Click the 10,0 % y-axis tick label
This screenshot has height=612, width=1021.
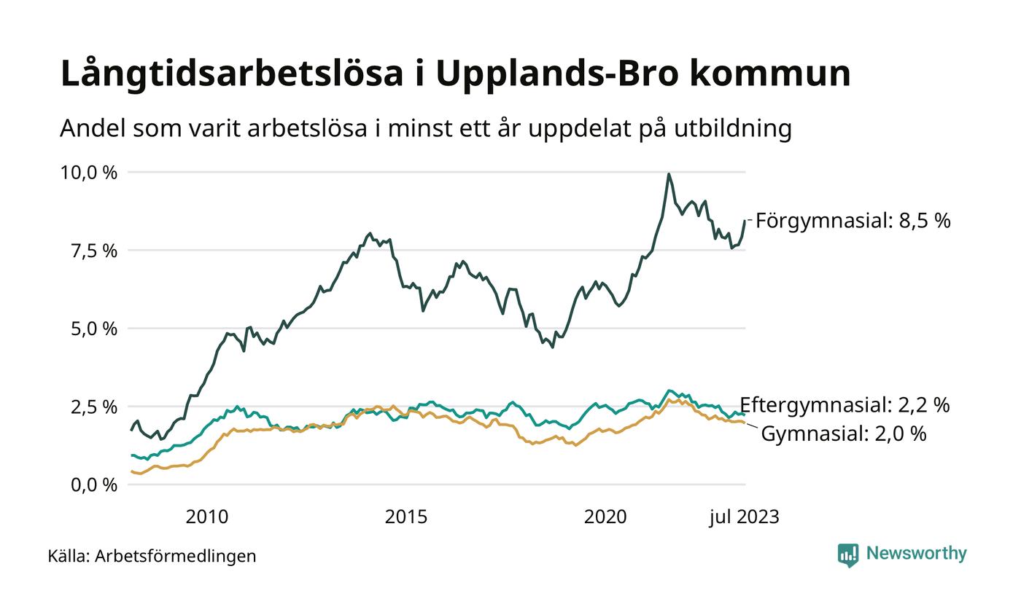pyautogui.click(x=88, y=173)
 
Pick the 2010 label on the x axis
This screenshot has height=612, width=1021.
pyautogui.click(x=207, y=517)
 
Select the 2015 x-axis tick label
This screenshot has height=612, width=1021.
pyautogui.click(x=406, y=517)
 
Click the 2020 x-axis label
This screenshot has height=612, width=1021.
pyautogui.click(x=605, y=517)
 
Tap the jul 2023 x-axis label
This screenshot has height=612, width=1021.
pyautogui.click(x=745, y=517)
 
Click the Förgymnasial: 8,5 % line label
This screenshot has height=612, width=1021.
pyautogui.click(x=853, y=221)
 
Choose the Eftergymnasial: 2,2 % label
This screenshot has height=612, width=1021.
pyautogui.click(x=845, y=405)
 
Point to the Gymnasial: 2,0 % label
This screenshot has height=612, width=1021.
pyautogui.click(x=843, y=434)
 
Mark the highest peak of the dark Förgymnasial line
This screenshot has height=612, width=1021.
pyautogui.click(x=669, y=174)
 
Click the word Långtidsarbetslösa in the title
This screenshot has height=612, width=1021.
pyautogui.click(x=231, y=74)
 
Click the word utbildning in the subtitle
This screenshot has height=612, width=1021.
pyautogui.click(x=729, y=129)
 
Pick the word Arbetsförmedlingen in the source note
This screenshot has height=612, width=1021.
pyautogui.click(x=176, y=557)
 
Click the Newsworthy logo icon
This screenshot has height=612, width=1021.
pyautogui.click(x=848, y=555)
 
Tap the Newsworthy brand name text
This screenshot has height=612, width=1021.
pyautogui.click(x=917, y=554)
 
